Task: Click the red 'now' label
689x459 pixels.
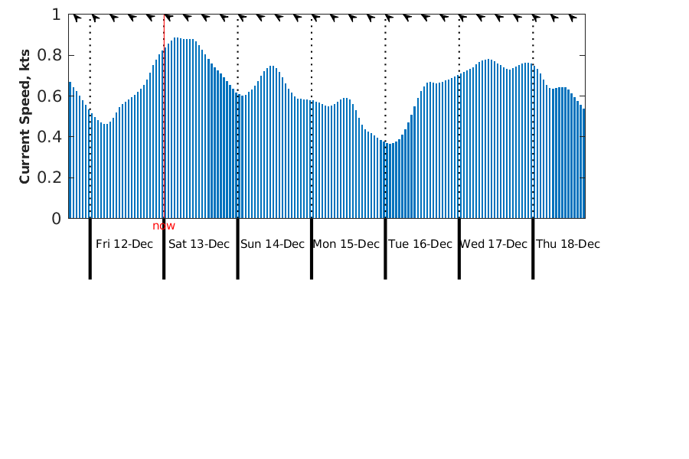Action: [x=164, y=226]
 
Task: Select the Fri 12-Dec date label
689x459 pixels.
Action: [x=124, y=244]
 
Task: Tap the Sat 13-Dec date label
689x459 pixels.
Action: [x=199, y=244]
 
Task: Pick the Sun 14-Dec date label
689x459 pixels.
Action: [x=273, y=244]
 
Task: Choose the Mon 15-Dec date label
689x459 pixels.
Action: [x=346, y=244]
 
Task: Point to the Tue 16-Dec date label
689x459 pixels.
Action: [x=420, y=244]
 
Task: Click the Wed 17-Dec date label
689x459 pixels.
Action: [x=494, y=244]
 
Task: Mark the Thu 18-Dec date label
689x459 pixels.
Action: [x=568, y=244]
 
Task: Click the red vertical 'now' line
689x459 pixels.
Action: [x=164, y=115]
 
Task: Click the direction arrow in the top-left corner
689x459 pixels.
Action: [x=76, y=18]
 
